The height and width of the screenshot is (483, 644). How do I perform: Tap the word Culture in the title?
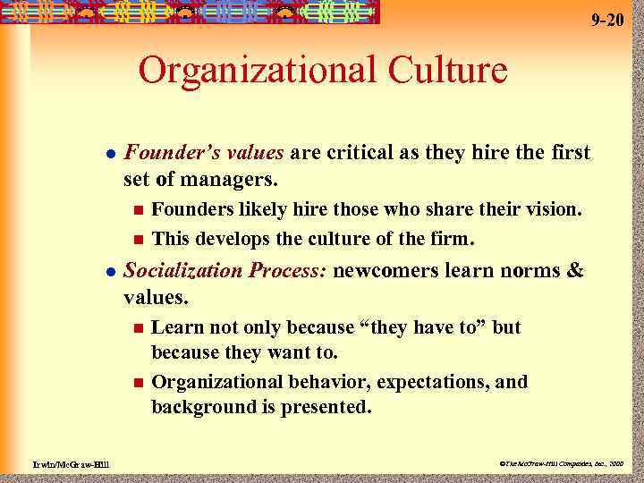pyautogui.click(x=443, y=70)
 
